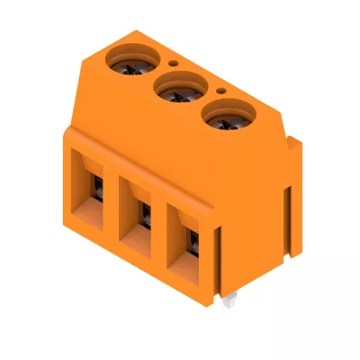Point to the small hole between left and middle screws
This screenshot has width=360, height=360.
(172, 65)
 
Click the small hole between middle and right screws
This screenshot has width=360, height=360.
(220, 91)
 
